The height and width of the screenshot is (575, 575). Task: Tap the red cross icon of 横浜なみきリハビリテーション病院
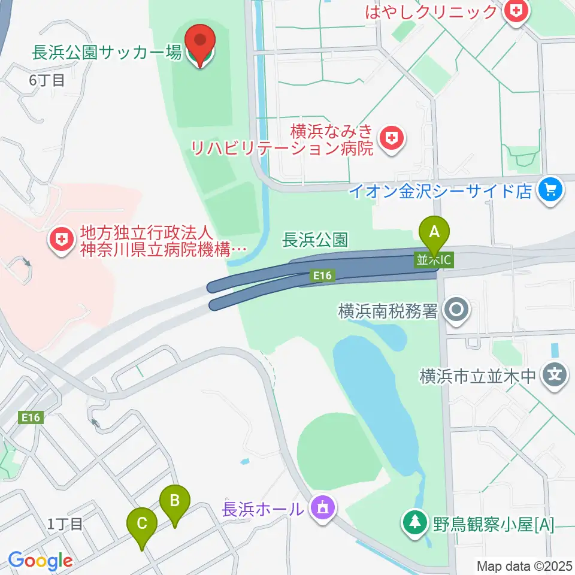pyautogui.click(x=392, y=139)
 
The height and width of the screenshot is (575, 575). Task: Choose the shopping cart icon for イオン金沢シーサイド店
pyautogui.click(x=549, y=190)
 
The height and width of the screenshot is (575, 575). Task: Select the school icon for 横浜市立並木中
pyautogui.click(x=555, y=376)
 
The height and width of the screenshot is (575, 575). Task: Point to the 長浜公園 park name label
pyautogui.click(x=314, y=241)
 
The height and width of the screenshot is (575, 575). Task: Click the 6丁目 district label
pyautogui.click(x=47, y=81)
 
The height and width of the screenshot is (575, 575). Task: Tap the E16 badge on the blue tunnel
pyautogui.click(x=321, y=276)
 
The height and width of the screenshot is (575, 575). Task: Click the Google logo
pyautogui.click(x=40, y=561)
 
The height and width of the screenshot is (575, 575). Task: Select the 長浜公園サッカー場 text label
pyautogui.click(x=107, y=53)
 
